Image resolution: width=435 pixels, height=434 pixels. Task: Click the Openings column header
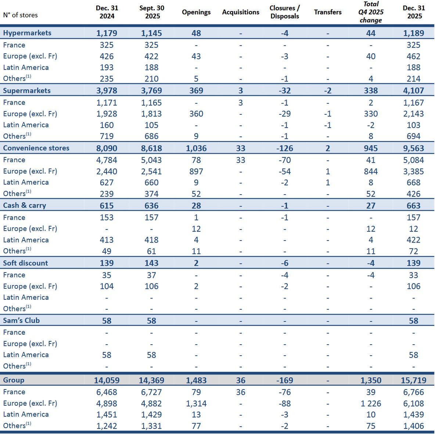point(196,12)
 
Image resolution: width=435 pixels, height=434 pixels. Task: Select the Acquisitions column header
point(241,12)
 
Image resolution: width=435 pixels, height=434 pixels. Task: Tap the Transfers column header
point(328,12)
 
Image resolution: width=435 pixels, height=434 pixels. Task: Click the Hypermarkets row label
point(27,33)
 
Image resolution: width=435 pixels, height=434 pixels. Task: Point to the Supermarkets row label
point(27,90)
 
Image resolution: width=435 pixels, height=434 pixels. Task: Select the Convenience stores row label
point(36,148)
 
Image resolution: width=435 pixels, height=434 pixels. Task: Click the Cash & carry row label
point(25,205)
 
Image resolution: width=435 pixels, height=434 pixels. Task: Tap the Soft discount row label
point(25,263)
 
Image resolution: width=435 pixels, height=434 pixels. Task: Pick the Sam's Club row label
point(21,320)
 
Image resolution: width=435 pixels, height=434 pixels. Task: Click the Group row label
point(14,380)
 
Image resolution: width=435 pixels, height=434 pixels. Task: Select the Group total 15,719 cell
point(413,380)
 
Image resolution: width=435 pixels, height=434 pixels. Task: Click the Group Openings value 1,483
point(196,380)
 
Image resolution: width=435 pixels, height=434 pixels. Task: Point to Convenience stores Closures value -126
point(285,148)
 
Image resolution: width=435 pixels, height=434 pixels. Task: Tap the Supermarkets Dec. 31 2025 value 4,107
point(413,90)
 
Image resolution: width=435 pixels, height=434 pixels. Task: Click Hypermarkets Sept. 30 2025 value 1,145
point(151,33)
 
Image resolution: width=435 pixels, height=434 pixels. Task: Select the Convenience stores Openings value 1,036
point(196,148)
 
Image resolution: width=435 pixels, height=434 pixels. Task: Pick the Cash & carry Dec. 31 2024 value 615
point(107,206)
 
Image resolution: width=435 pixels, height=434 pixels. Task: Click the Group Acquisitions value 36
point(241,380)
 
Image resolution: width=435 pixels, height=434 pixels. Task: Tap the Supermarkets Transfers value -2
point(328,90)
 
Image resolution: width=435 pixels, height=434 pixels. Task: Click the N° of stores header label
point(20,15)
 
